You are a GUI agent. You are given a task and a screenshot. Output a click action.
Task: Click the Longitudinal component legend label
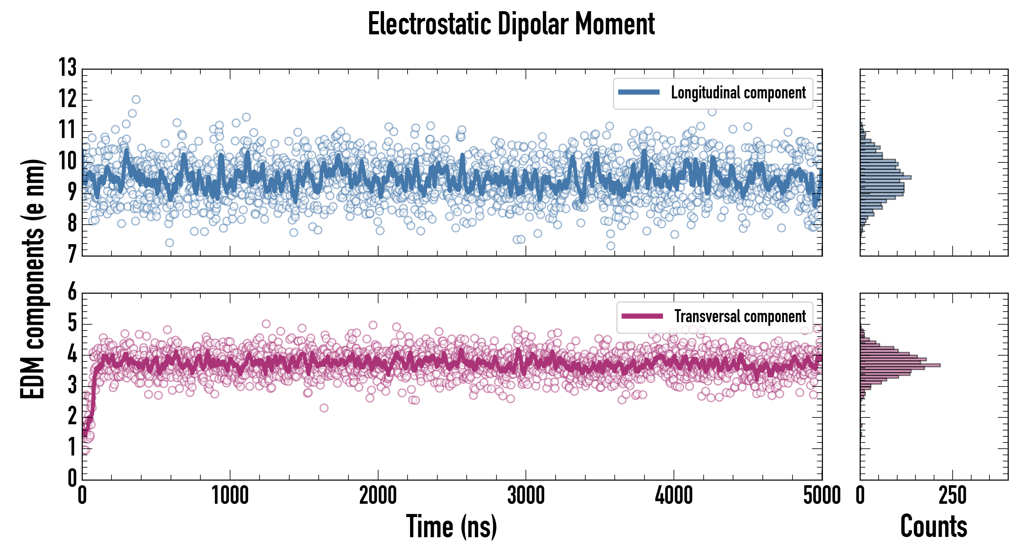pos(738,93)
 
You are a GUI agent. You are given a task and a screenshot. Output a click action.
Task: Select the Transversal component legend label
pos(740,316)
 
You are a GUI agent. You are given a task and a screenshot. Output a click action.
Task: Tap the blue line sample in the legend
pos(639,93)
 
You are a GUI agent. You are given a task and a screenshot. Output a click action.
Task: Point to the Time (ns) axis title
pos(452,526)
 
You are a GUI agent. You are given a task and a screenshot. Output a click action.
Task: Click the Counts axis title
pos(933,526)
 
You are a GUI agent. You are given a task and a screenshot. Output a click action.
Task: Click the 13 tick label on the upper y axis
pos(68,68)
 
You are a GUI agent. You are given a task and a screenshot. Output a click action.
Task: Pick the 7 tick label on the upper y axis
pos(72,254)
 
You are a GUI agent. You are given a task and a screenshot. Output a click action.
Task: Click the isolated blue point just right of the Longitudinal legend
pos(712,112)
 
